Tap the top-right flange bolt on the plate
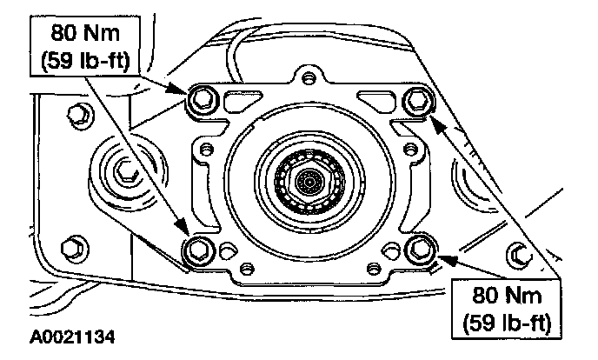tap(419, 100)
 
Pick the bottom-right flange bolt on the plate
tap(421, 249)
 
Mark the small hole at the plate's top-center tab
tap(306, 79)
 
